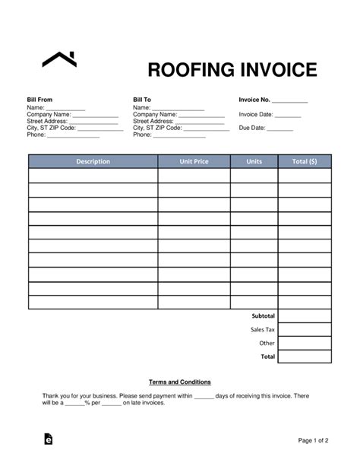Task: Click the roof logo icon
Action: pos(59,59)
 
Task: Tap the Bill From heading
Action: pos(39,100)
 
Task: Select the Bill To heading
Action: pos(142,100)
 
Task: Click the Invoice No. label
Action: pos(254,100)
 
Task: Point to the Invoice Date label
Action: pos(256,114)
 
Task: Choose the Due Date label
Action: pos(252,128)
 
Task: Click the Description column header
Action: pos(93,161)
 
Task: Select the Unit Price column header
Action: pos(194,161)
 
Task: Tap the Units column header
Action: pos(254,161)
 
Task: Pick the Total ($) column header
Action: pos(304,161)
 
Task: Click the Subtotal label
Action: pos(263,315)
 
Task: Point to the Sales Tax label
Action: pos(263,329)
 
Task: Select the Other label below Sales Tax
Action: pos(267,343)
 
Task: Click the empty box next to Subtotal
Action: pos(305,315)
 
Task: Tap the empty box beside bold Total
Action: pos(305,357)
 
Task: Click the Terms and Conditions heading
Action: pos(180,382)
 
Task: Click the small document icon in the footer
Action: pos(49,439)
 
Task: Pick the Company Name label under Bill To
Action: pos(155,114)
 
